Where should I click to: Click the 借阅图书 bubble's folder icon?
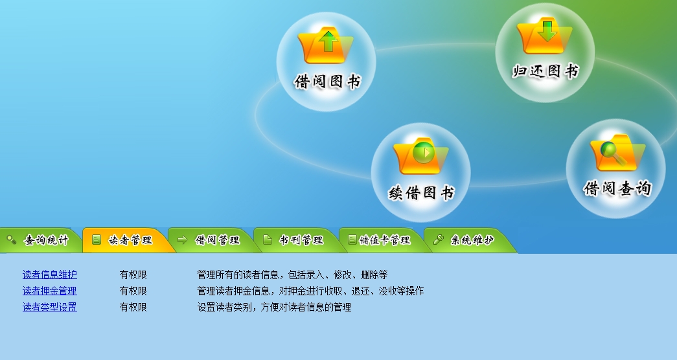326,45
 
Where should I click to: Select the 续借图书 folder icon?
421,156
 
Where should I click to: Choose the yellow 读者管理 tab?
127,240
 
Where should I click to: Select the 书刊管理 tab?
298,240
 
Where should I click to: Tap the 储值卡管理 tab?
384,240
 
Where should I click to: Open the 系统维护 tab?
469,240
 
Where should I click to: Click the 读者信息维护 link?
50,275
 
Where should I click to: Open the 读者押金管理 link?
50,291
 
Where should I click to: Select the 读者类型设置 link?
50,307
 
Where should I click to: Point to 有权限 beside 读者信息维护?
133,275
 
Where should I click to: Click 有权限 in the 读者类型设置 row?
133,307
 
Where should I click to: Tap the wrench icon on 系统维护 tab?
439,240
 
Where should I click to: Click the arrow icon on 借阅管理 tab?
183,240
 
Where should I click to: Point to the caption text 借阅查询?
617,188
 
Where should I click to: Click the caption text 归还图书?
545,71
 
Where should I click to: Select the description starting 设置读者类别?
274,307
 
